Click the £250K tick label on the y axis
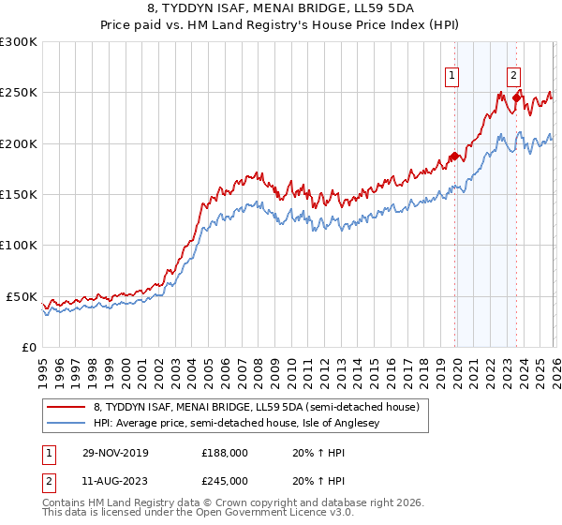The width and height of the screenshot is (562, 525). pyautogui.click(x=19, y=93)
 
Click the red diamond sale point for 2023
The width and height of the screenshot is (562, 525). pyautogui.click(x=516, y=97)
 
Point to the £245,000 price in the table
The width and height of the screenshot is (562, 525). pyautogui.click(x=225, y=480)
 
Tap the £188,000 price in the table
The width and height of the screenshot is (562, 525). pyautogui.click(x=225, y=452)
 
